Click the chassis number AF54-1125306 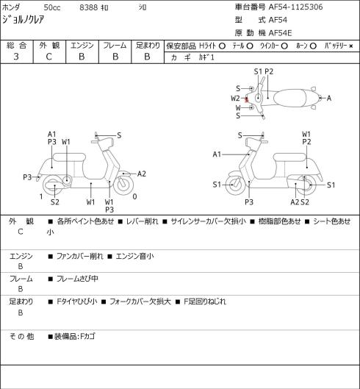pyautogui.click(x=296, y=7)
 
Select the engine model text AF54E pyautogui.click(x=280, y=33)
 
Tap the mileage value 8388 pyautogui.click(x=88, y=7)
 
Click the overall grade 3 pyautogui.click(x=16, y=57)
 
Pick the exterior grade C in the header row pyautogui.click(x=48, y=57)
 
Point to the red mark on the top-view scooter pyautogui.click(x=246, y=100)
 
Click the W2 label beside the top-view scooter pyautogui.click(x=235, y=99)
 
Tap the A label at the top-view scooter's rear pyautogui.click(x=329, y=99)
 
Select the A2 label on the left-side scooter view pyautogui.click(x=142, y=174)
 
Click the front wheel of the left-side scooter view pyautogui.click(x=123, y=185)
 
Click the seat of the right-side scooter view pyautogui.click(x=289, y=157)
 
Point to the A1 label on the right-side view pyautogui.click(x=217, y=154)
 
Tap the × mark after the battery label pyautogui.click(x=351, y=46)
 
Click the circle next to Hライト pyautogui.click(x=223, y=46)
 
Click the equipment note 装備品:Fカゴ pyautogui.click(x=75, y=336)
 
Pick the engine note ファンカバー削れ pyautogui.click(x=79, y=256)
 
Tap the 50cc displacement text pyautogui.click(x=52, y=7)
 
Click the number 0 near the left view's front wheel pyautogui.click(x=134, y=197)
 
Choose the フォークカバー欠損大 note pyautogui.click(x=140, y=301)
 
